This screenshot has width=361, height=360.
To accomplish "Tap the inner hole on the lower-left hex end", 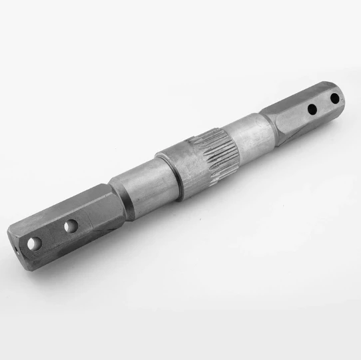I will pyautogui.click(x=70, y=227).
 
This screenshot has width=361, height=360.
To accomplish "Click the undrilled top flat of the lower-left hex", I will pyautogui.click(x=63, y=204).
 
